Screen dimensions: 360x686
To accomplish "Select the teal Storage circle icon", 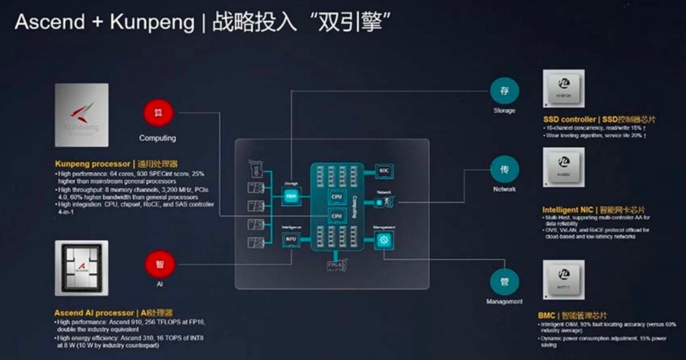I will pos(504,91).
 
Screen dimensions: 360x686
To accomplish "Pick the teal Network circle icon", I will pos(504,170).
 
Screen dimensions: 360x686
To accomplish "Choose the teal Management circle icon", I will pos(504,281).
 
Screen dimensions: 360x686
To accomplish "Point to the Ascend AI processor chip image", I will pos(82,268).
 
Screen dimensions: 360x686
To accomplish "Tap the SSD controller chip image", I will pos(563,89).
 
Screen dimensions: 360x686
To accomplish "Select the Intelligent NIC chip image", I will pos(563,168).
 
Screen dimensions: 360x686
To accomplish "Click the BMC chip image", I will pos(563,279).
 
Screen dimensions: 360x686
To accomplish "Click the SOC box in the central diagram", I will pos(384,170).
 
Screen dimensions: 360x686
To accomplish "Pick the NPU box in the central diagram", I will pos(292,239).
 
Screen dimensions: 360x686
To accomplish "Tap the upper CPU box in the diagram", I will pos(336,197).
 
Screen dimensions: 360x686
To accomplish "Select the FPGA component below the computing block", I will pos(336,264).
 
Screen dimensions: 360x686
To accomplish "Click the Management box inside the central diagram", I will pos(384,239).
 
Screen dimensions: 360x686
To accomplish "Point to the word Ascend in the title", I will pos(49,22).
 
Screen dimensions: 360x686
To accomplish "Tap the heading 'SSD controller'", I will pos(570,119).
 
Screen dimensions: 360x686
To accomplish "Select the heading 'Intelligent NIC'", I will pos(568,210).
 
